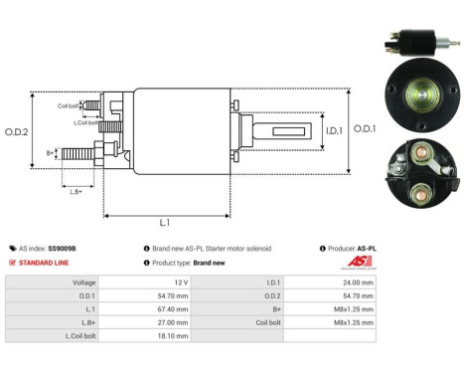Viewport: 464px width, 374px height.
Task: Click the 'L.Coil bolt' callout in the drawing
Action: (x=87, y=121)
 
